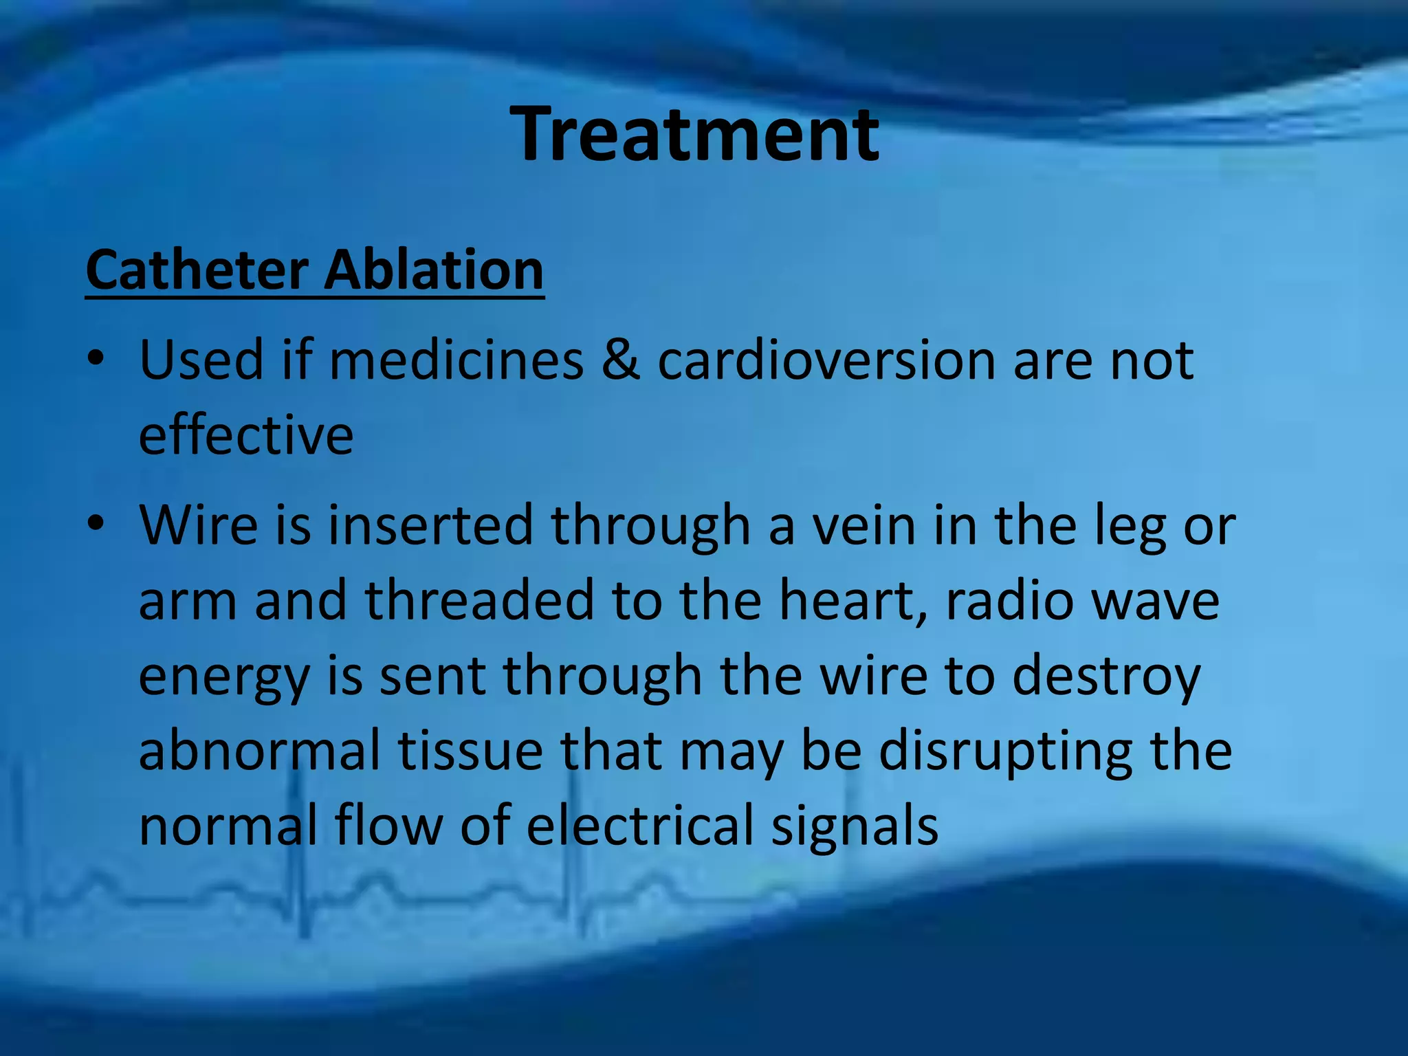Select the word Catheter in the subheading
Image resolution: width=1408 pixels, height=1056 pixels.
point(197,269)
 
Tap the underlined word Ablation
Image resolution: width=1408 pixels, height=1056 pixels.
point(434,269)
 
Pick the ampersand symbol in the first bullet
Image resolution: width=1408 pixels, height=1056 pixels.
point(620,360)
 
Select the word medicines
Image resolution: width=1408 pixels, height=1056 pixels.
point(456,360)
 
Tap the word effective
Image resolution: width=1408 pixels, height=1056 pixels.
point(246,435)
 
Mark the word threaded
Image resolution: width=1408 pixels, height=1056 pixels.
point(478,600)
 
